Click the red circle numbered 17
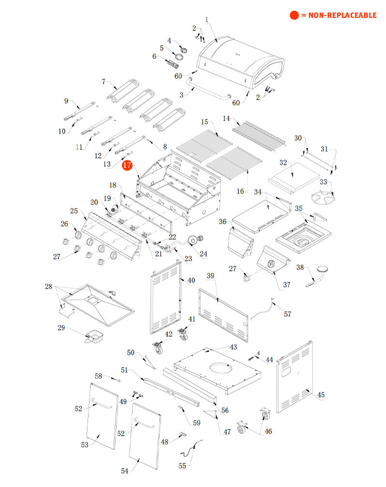pyautogui.click(x=127, y=166)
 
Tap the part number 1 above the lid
pyautogui.click(x=207, y=20)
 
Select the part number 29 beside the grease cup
pyautogui.click(x=61, y=328)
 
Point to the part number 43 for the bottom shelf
pyautogui.click(x=233, y=347)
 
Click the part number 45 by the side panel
pyautogui.click(x=321, y=395)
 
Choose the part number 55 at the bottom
pyautogui.click(x=182, y=466)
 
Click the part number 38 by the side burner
pyautogui.click(x=300, y=267)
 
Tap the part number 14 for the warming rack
pyautogui.click(x=226, y=118)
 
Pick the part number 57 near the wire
pyautogui.click(x=287, y=314)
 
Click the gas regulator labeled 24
pyautogui.click(x=196, y=240)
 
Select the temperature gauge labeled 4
pyautogui.click(x=183, y=49)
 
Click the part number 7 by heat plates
pyautogui.click(x=103, y=81)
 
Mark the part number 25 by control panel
pyautogui.click(x=74, y=211)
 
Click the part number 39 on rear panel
pyautogui.click(x=210, y=276)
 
